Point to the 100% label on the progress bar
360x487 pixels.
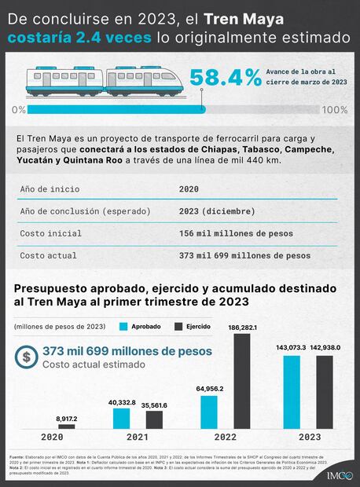coord(335,109)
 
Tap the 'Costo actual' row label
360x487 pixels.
coord(48,255)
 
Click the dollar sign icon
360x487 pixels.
coord(28,357)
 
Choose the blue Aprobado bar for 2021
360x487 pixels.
coord(121,419)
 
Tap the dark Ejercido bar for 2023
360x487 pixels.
coord(325,392)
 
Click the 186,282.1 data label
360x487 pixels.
coord(242,327)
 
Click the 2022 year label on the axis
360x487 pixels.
coord(226,438)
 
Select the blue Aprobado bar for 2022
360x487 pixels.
coord(209,412)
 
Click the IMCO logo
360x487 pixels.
coord(339,474)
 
